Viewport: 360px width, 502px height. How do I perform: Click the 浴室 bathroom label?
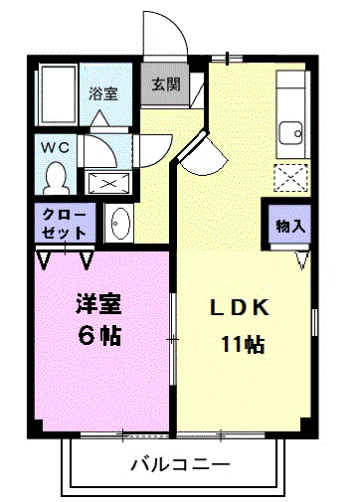click(103, 94)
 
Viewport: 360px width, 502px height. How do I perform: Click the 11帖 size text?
click(242, 346)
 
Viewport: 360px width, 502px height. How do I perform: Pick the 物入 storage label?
click(290, 226)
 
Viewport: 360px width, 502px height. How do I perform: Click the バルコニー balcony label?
click(180, 464)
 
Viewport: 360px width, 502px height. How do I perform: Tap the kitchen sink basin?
click(291, 131)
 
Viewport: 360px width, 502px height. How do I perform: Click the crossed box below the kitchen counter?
click(291, 178)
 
